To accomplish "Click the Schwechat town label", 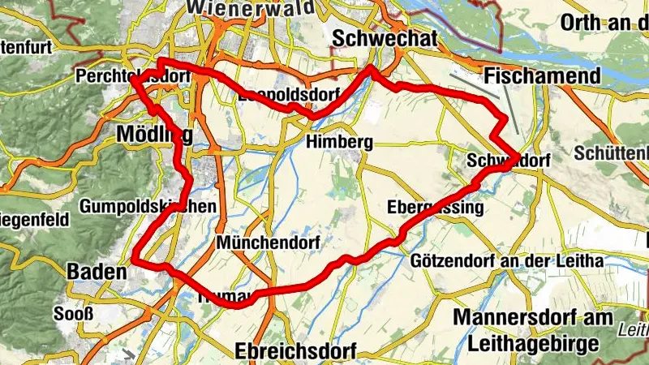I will pos(385,38).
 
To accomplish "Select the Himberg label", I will pos(339,142).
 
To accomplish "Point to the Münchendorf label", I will pos(269,243).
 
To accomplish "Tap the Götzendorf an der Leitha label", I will pos(507,261).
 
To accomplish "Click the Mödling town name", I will pos(155,132).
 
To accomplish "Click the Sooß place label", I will pos(69,313).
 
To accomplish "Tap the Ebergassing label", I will pos(435,207).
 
